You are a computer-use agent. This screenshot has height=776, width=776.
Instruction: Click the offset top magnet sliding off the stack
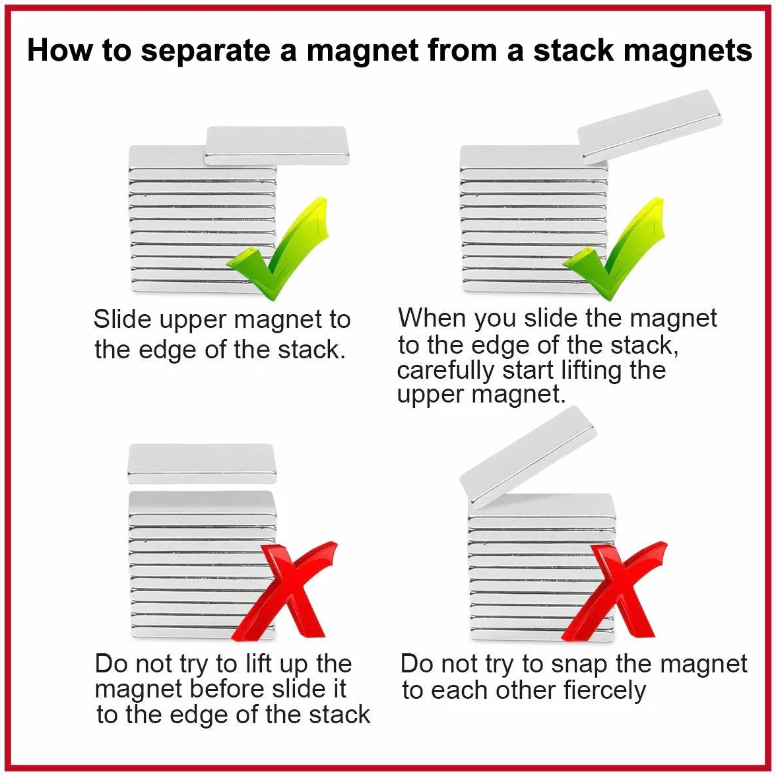click(x=277, y=145)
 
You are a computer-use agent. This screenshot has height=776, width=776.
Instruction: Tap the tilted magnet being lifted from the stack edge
click(x=650, y=127)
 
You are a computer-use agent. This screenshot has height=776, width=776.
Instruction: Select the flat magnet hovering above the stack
click(x=202, y=464)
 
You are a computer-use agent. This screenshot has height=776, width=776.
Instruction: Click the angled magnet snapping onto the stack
click(x=529, y=457)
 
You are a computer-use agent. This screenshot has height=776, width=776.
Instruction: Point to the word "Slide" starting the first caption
click(x=123, y=319)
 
